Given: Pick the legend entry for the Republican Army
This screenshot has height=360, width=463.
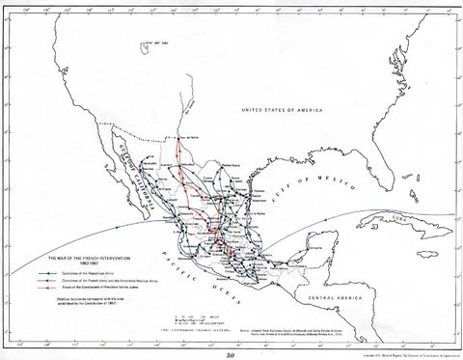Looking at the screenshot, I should pyautogui.click(x=92, y=275).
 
